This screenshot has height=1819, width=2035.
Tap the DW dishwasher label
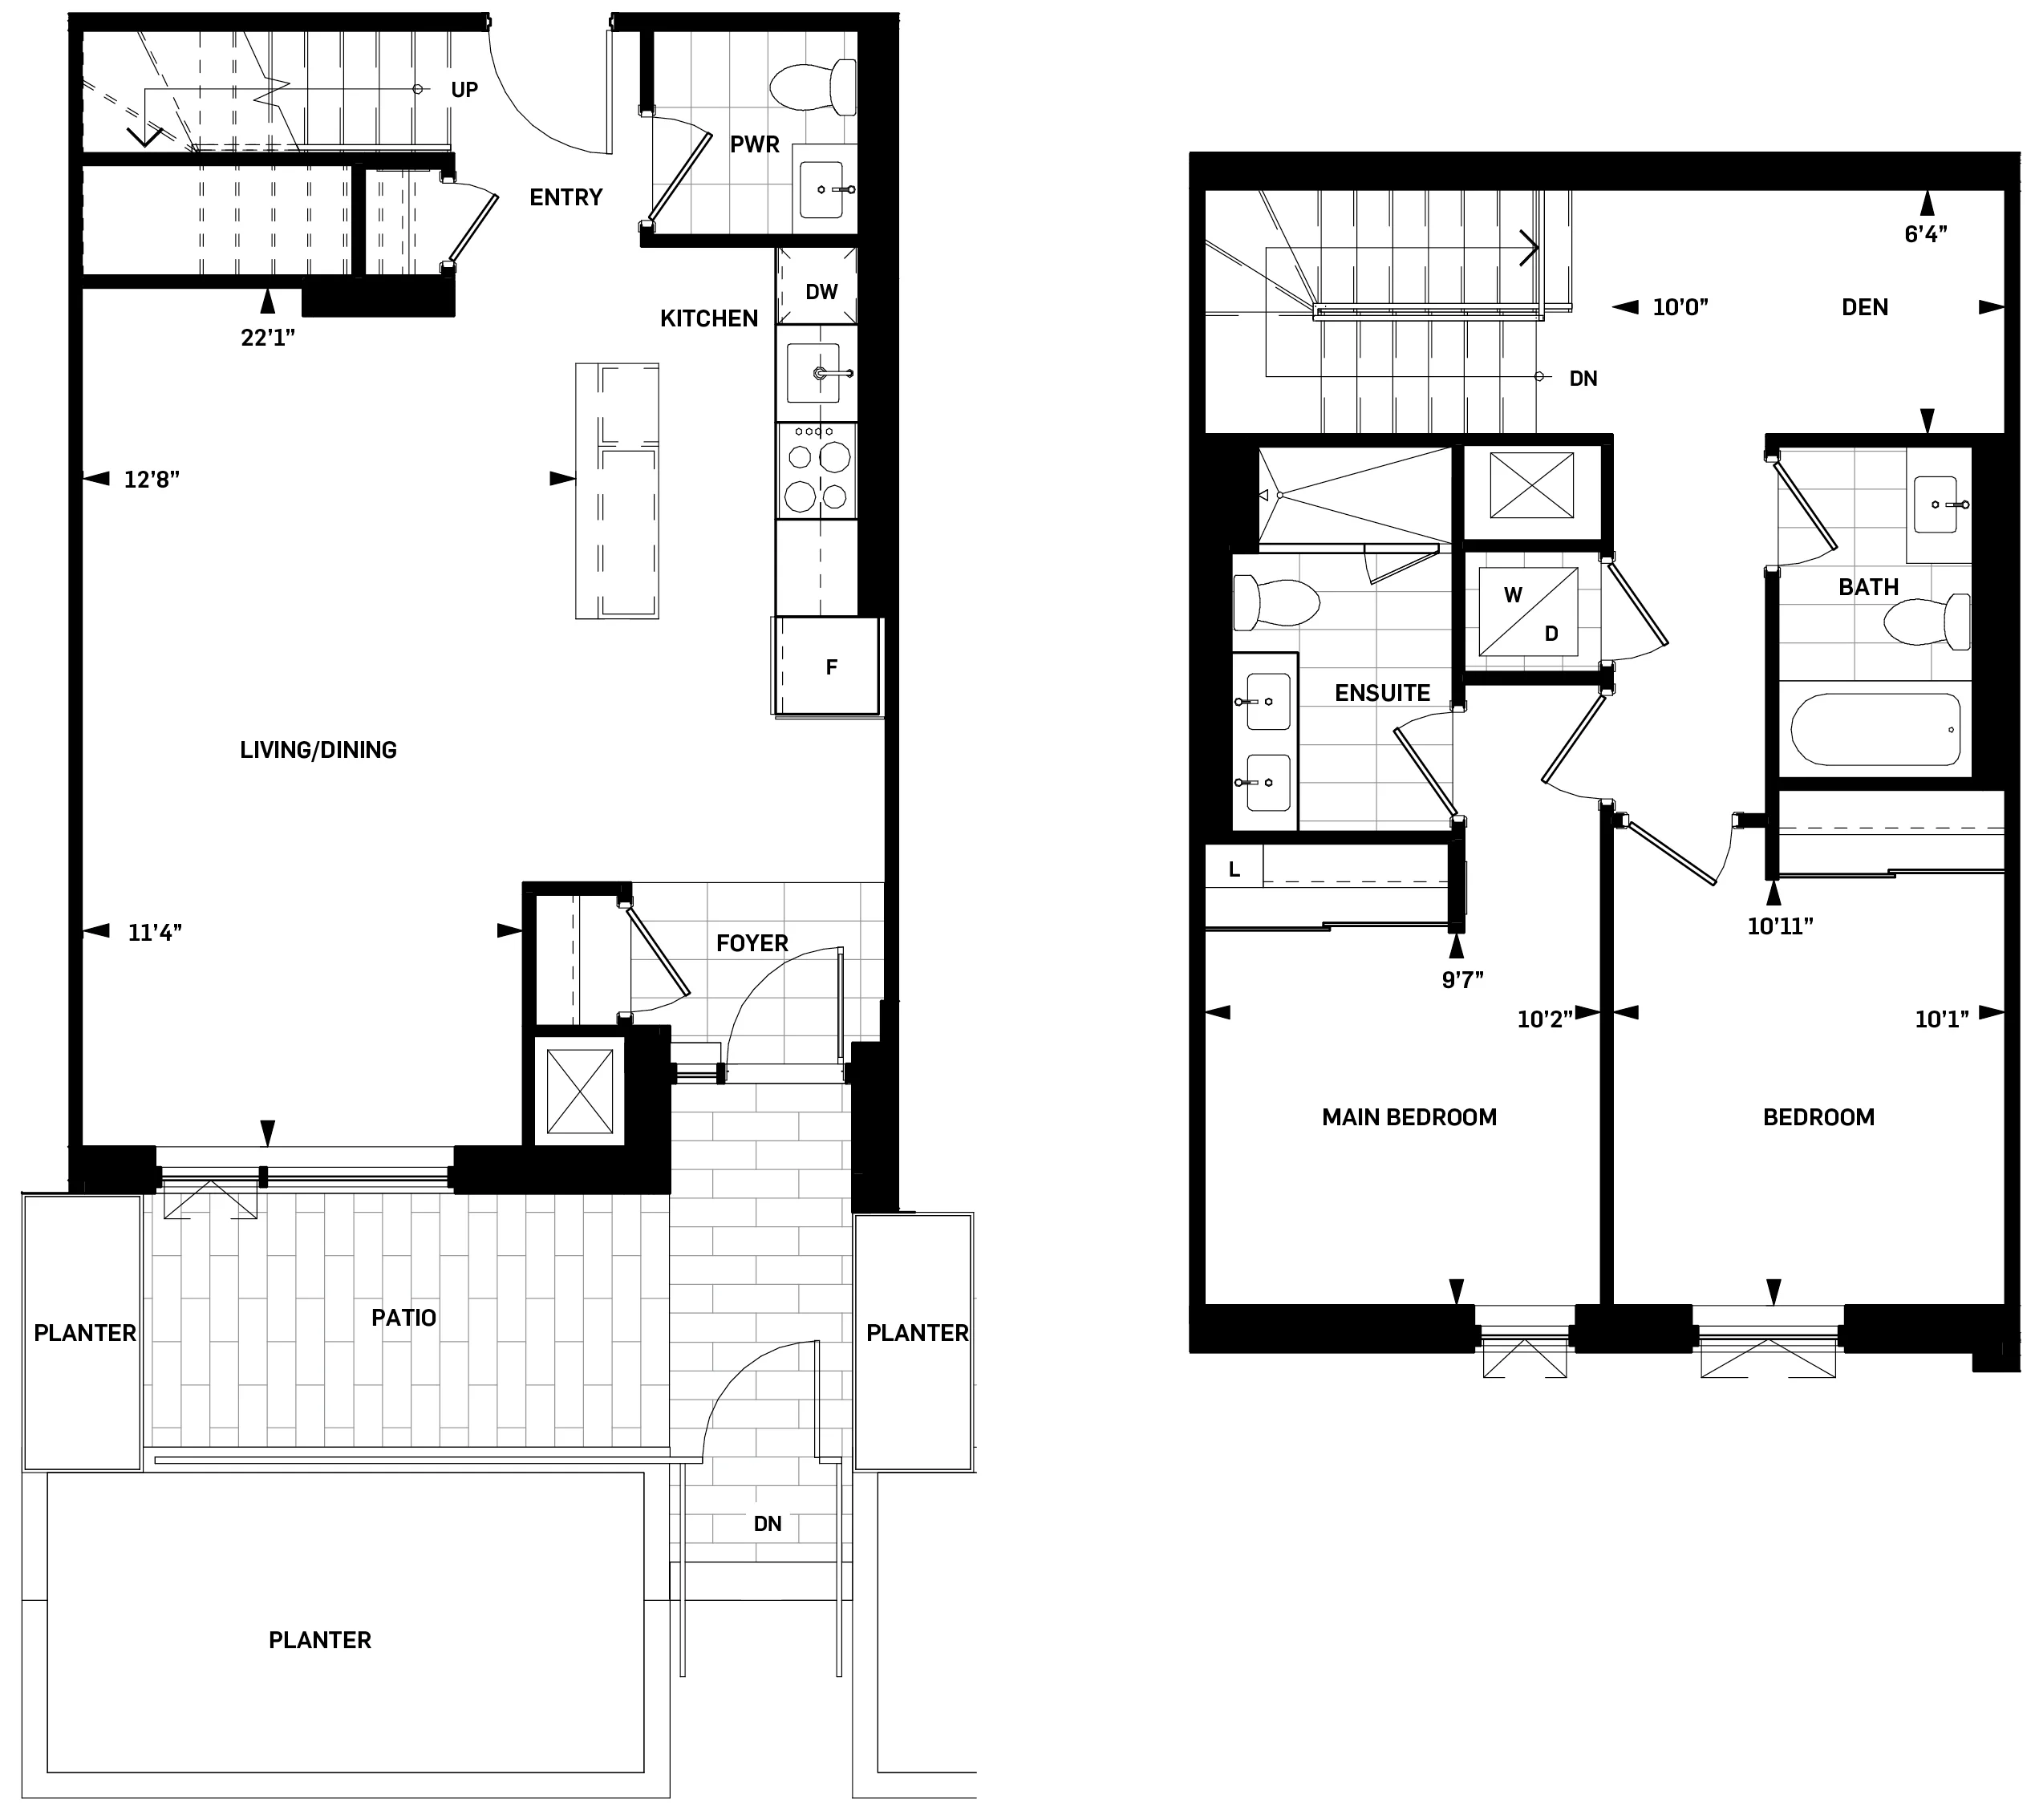[821, 292]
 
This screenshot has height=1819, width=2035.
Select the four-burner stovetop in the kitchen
[817, 471]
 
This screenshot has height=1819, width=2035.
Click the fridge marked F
[829, 666]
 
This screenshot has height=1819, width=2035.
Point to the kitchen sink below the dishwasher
[817, 373]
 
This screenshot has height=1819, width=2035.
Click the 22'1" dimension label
[268, 338]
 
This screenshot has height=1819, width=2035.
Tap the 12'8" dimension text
[152, 480]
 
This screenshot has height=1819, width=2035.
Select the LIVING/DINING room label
[318, 750]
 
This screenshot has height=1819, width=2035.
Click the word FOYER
[752, 943]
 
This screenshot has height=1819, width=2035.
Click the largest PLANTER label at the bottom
[320, 1640]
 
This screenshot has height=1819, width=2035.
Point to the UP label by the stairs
[464, 90]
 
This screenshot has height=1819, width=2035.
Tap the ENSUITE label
[1381, 693]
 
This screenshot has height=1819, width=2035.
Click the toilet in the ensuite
[1275, 602]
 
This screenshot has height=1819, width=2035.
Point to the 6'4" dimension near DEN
[1925, 235]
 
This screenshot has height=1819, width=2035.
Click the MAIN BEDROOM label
[1409, 1117]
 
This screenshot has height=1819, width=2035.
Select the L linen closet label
[1234, 869]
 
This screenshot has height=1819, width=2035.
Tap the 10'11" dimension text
[1779, 926]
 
